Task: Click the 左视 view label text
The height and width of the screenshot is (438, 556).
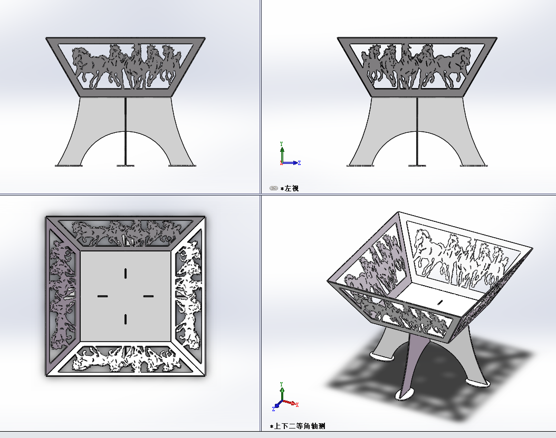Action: [x=292, y=189]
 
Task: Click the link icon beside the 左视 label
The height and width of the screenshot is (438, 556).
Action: [x=273, y=188]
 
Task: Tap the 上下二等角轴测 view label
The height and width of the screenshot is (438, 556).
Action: [x=300, y=426]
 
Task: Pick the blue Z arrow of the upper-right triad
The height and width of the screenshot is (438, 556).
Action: [x=291, y=163]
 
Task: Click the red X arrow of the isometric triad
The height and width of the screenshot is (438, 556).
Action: [x=291, y=403]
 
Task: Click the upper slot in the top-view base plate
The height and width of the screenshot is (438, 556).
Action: [x=126, y=274]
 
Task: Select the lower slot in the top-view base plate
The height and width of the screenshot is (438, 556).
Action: [x=126, y=319]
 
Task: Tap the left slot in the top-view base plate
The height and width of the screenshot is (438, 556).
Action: [x=103, y=296]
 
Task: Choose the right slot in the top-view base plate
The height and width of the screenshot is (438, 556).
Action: [x=149, y=296]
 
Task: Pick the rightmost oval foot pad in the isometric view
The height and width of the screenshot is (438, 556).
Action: [x=477, y=383]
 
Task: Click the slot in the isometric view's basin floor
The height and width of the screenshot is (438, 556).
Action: [x=440, y=302]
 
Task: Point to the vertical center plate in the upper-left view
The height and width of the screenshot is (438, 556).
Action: [x=126, y=131]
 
